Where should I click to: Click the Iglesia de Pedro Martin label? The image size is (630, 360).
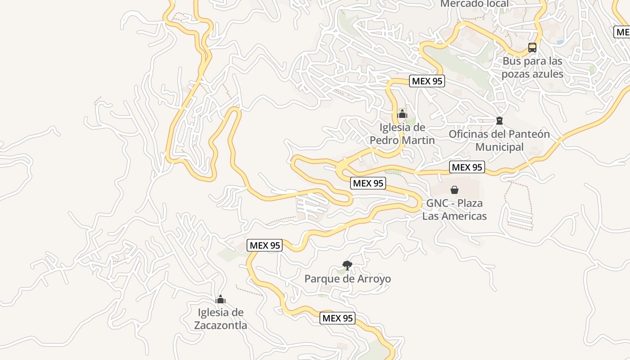click(402, 134)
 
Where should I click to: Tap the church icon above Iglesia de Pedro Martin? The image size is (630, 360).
click(402, 114)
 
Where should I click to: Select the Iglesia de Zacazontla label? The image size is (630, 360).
click(220, 319)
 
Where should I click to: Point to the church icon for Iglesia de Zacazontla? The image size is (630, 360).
click(220, 300)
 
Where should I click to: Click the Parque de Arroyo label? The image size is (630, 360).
click(347, 279)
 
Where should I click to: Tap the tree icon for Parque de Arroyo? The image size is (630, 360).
click(347, 265)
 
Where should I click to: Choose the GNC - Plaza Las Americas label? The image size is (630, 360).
click(454, 209)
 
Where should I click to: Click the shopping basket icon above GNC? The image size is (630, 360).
click(454, 190)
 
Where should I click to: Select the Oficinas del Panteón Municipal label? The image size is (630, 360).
click(499, 140)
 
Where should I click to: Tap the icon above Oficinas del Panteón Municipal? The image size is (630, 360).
click(499, 120)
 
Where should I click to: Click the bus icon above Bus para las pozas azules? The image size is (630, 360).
click(532, 48)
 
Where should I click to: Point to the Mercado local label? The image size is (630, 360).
click(474, 4)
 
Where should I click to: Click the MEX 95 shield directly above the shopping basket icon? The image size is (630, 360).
click(467, 167)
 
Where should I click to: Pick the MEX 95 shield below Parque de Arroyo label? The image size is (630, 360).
click(338, 318)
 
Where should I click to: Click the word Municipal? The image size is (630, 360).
click(499, 147)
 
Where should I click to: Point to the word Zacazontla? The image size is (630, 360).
click(220, 325)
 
